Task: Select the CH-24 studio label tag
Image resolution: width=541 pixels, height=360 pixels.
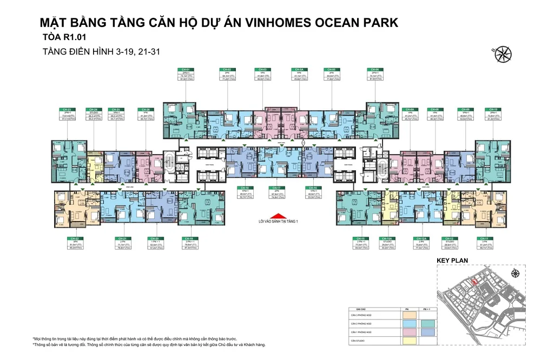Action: point(93,110)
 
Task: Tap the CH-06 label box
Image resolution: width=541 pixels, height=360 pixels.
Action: point(373,70)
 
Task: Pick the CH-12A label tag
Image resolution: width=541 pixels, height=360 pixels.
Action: point(418,238)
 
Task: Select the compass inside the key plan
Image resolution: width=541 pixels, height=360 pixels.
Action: point(516,274)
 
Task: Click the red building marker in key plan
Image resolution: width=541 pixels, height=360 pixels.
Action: point(474,281)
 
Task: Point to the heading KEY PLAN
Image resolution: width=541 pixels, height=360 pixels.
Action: point(452,261)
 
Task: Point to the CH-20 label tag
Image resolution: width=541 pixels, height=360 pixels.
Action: point(154,238)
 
